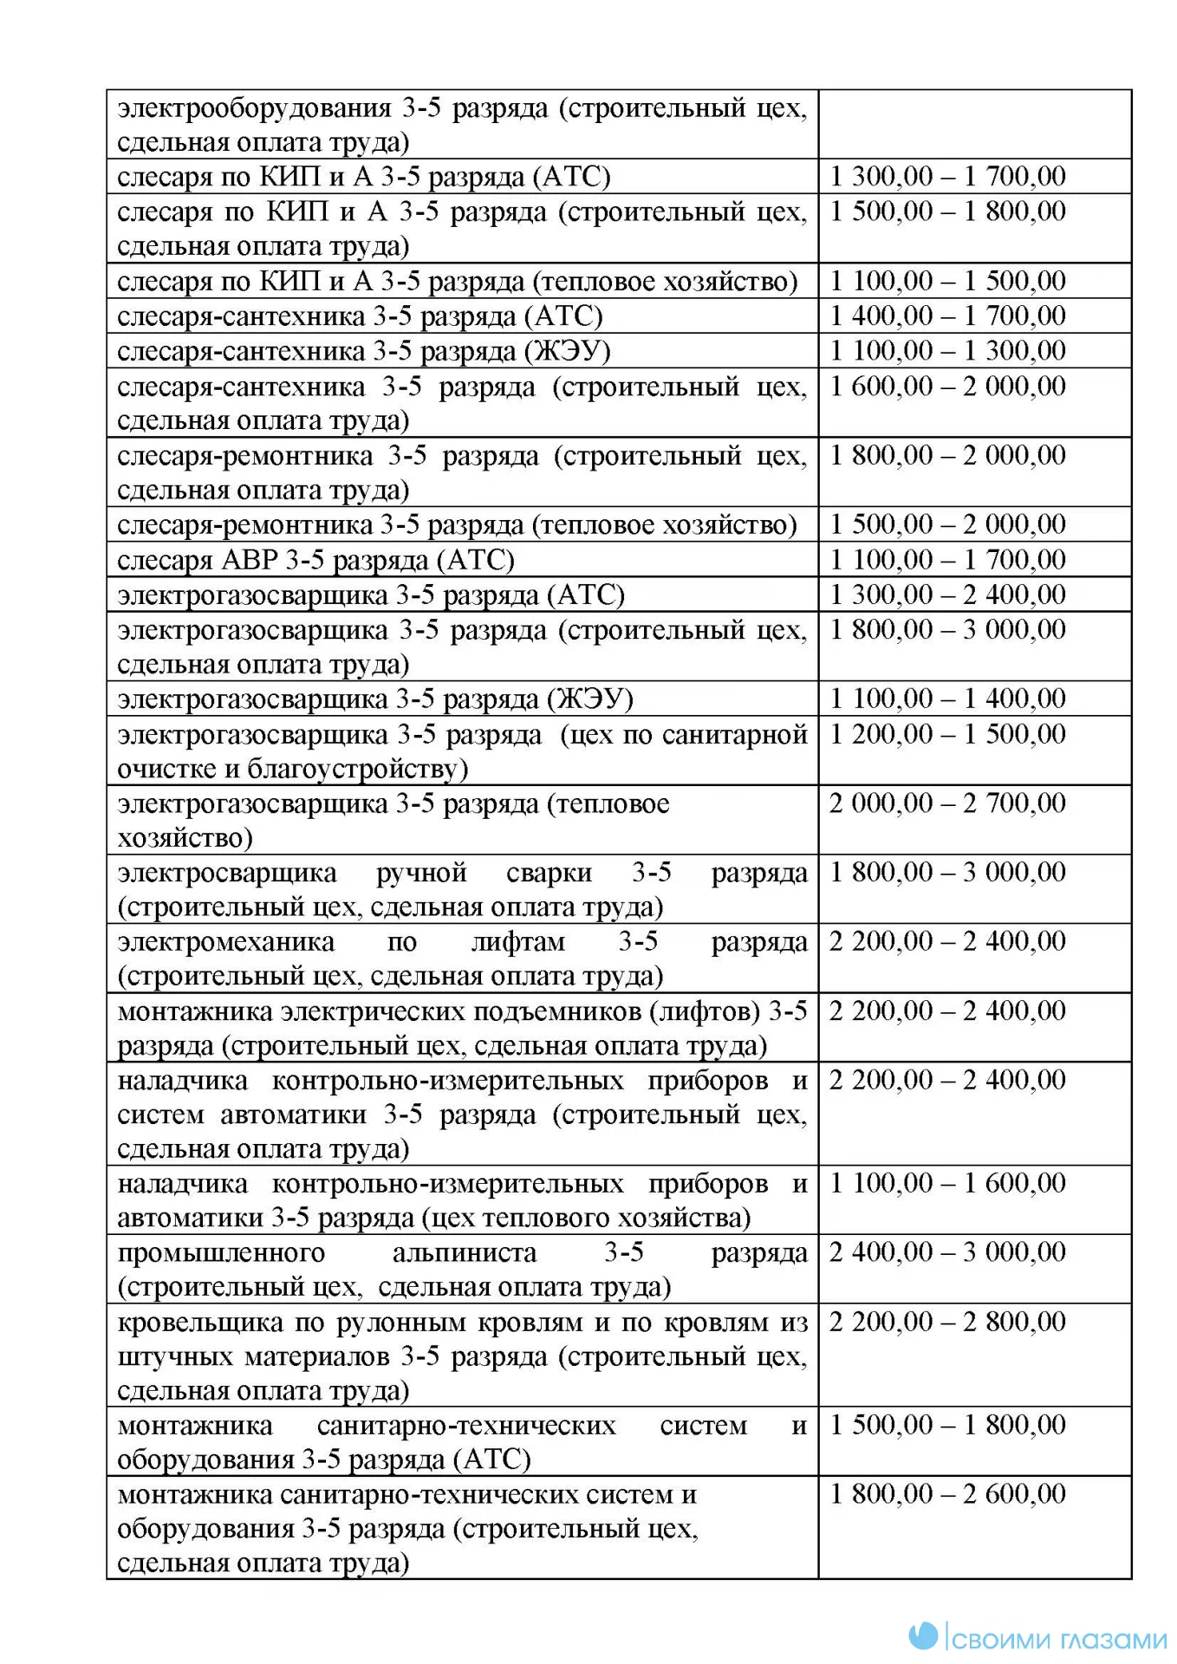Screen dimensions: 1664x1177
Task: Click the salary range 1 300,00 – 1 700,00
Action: coord(947,177)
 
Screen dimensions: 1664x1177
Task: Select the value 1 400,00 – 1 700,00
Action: coord(947,315)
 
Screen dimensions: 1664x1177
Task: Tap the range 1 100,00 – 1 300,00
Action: coord(947,351)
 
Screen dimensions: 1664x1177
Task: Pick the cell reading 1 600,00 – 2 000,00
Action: coord(947,386)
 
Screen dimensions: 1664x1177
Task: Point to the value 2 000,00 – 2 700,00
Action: coord(947,803)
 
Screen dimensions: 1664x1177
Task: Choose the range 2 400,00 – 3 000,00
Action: coord(947,1252)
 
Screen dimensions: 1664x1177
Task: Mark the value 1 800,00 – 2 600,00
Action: coord(947,1494)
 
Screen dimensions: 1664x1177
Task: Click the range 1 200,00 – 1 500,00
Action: coord(947,734)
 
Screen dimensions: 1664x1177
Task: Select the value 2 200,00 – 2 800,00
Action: coord(947,1322)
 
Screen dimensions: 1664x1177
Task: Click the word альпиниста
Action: coord(465,1253)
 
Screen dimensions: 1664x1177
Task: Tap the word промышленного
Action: coord(221,1253)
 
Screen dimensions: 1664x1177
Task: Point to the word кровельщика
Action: coord(200,1323)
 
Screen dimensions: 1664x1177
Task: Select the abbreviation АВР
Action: coord(250,560)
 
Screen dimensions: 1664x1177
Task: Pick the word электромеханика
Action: coord(225,942)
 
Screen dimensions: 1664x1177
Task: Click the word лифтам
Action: coord(517,942)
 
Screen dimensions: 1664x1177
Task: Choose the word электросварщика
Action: coord(227,873)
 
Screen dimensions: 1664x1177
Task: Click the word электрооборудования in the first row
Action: coord(255,108)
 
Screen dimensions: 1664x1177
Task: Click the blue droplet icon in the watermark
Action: coord(924,1635)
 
